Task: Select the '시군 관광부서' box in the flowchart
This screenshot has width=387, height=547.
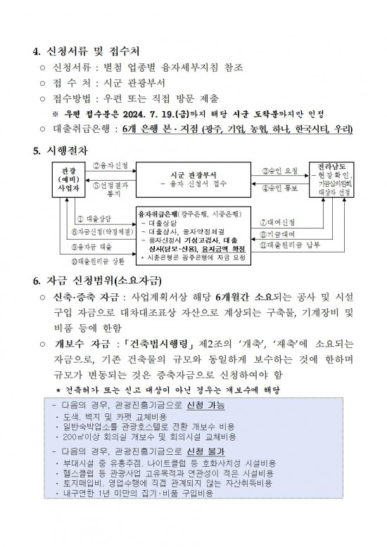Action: pyautogui.click(x=192, y=176)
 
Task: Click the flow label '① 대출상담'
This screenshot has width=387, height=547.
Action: pyautogui.click(x=93, y=219)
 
